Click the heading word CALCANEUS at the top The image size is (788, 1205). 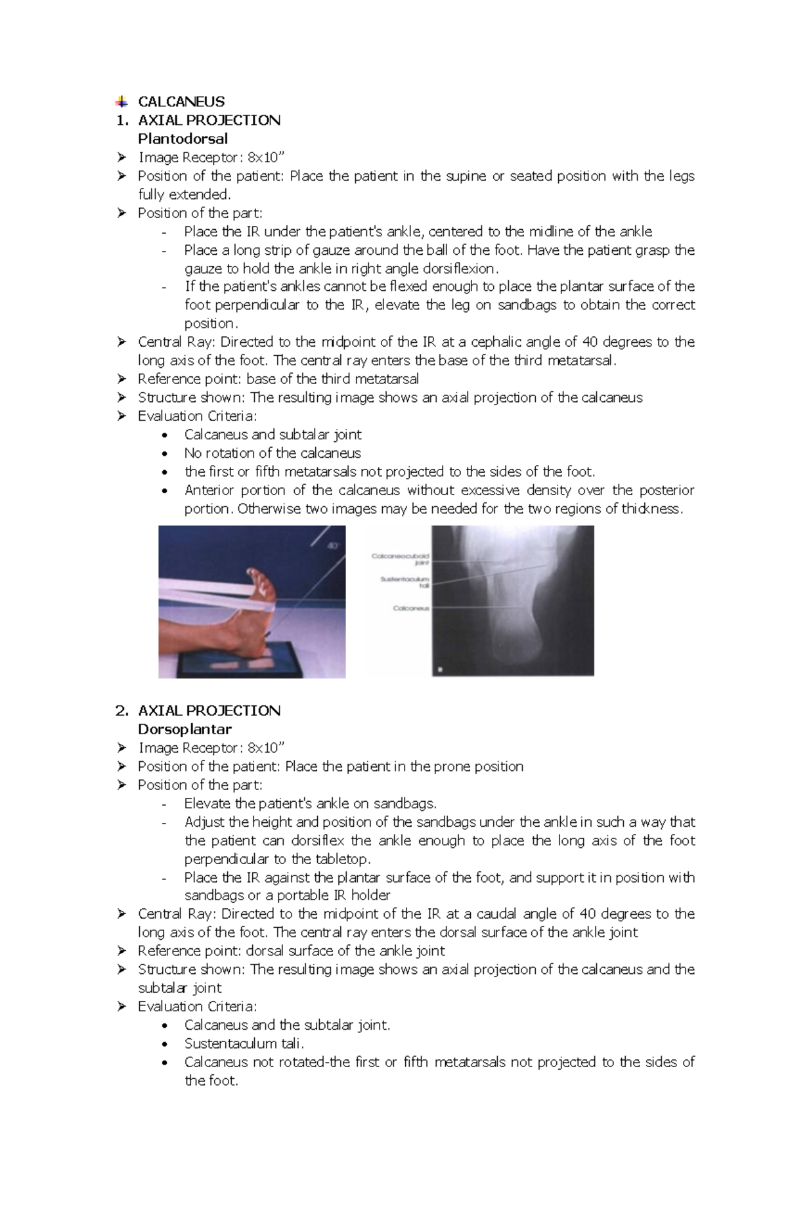click(181, 102)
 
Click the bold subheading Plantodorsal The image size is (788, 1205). click(183, 139)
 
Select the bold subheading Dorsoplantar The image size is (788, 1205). click(185, 729)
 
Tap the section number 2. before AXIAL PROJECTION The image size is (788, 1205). click(121, 711)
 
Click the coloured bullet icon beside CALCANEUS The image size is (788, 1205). click(121, 102)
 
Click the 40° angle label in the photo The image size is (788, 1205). click(333, 546)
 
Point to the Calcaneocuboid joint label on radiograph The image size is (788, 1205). click(401, 559)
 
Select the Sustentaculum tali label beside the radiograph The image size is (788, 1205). click(405, 582)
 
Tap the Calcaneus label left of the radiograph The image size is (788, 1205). click(410, 608)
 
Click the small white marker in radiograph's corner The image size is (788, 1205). click(440, 670)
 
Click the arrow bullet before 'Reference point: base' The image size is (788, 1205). click(121, 379)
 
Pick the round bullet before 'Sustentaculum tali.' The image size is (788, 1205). click(165, 1043)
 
